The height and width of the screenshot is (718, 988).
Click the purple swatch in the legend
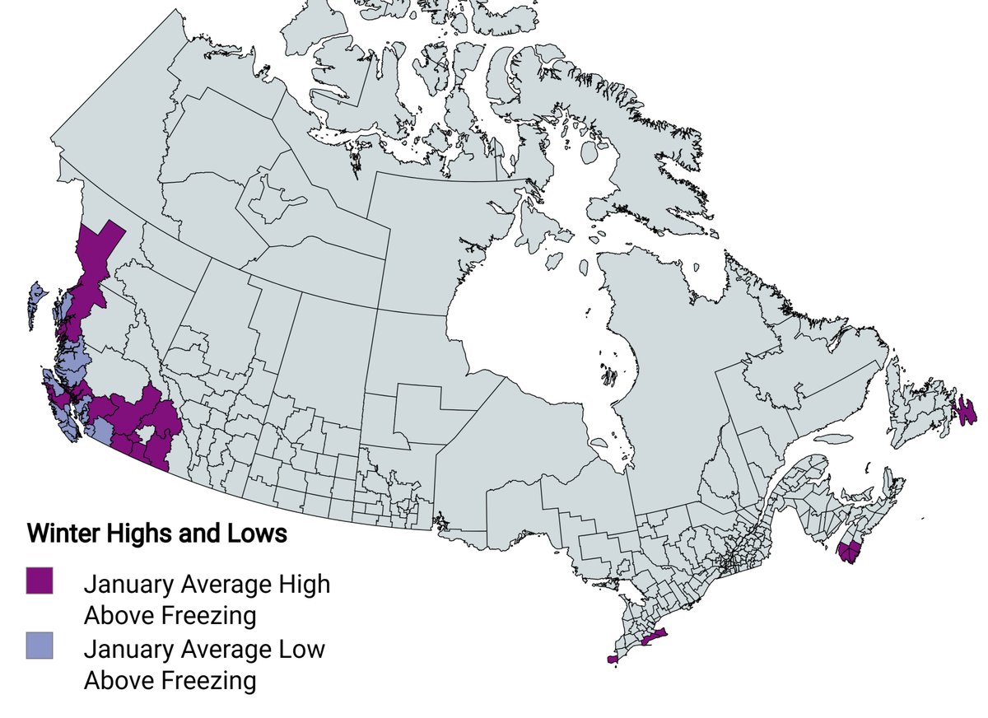pyautogui.click(x=40, y=580)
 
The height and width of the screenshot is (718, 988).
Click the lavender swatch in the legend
pyautogui.click(x=40, y=646)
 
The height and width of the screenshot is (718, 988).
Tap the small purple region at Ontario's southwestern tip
pyautogui.click(x=612, y=659)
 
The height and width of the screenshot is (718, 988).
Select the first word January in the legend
pyautogui.click(x=132, y=585)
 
